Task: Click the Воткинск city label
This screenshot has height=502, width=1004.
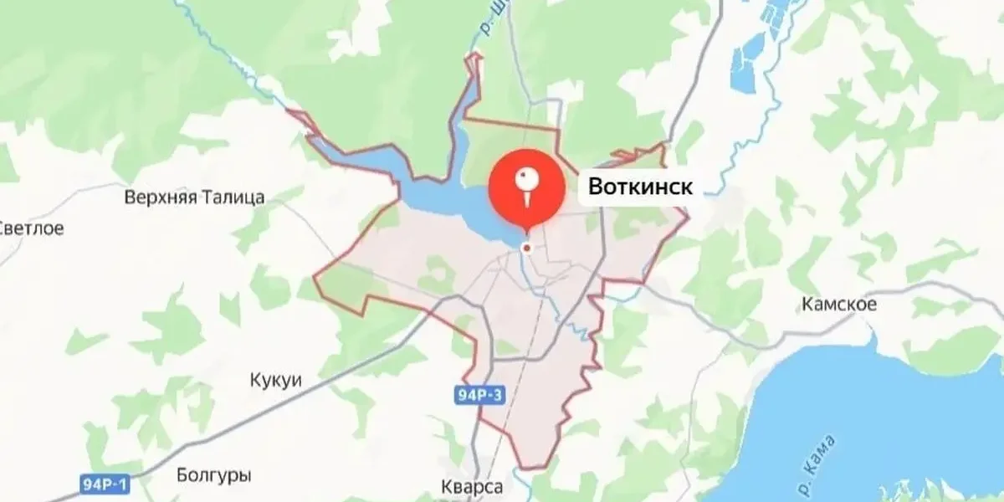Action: pos(640,187)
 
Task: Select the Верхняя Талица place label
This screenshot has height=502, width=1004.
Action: pos(194,198)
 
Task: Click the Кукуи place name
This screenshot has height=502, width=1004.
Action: pos(275,380)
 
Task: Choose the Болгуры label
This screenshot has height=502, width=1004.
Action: pos(214,476)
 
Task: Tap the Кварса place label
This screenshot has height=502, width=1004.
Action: pos(472,487)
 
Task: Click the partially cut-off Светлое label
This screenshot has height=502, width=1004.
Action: pos(31,229)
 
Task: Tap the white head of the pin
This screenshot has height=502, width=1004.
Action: pos(526,177)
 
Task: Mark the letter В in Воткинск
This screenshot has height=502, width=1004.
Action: pos(596,187)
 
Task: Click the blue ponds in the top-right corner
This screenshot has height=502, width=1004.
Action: pos(753,50)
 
